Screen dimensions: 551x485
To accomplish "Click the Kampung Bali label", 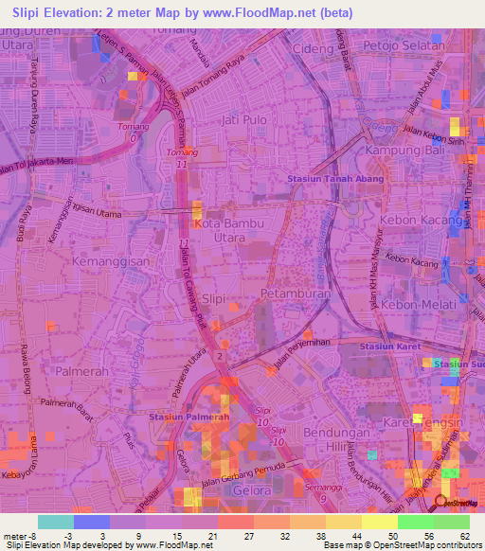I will [407, 152].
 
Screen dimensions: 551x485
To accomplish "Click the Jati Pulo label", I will [241, 121].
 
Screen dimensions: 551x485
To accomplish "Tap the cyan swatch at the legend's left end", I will [55, 521].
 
